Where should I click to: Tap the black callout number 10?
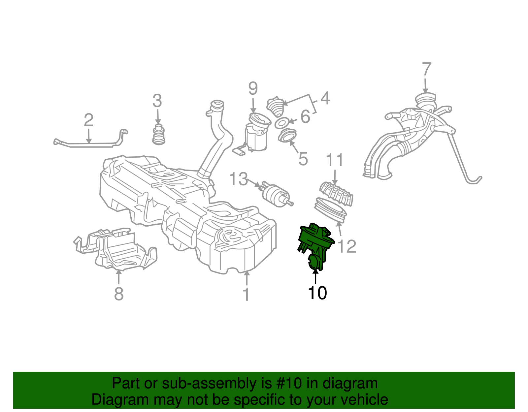click(x=317, y=293)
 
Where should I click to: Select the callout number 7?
click(x=427, y=69)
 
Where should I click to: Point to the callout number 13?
click(x=238, y=179)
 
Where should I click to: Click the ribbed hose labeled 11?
click(x=337, y=193)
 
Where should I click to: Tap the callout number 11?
click(x=335, y=160)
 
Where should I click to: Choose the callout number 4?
click(x=325, y=98)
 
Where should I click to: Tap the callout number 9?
click(x=253, y=88)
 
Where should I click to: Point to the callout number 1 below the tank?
click(x=246, y=294)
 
